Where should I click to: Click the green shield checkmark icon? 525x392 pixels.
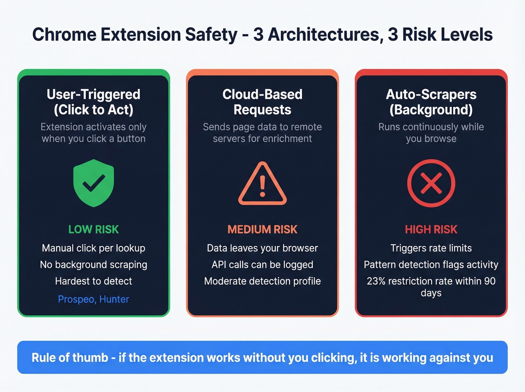tap(93, 183)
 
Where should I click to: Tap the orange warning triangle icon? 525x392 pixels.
tap(262, 184)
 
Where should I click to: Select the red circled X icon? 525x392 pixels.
tap(431, 183)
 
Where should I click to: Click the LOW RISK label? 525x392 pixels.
tap(93, 229)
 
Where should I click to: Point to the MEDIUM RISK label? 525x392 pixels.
tap(262, 229)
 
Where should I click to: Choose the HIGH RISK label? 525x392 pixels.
tap(431, 229)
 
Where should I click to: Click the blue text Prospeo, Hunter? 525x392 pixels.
tap(93, 299)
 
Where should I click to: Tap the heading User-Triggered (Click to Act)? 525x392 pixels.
tap(93, 102)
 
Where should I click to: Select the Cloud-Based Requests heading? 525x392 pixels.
tap(262, 102)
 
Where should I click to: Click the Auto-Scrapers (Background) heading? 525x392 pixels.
tap(431, 102)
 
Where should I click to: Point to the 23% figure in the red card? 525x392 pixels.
tap(376, 281)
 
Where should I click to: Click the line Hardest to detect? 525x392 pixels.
tap(93, 281)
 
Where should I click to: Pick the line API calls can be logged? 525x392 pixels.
tap(262, 264)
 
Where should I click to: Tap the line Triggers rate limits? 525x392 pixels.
tap(431, 248)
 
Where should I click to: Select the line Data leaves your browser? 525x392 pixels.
tap(262, 248)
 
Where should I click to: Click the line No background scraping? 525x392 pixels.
tap(93, 264)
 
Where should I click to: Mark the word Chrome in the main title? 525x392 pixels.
tap(64, 35)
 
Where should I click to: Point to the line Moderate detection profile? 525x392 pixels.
tap(262, 281)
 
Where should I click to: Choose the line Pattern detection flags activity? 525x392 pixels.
tap(431, 264)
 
